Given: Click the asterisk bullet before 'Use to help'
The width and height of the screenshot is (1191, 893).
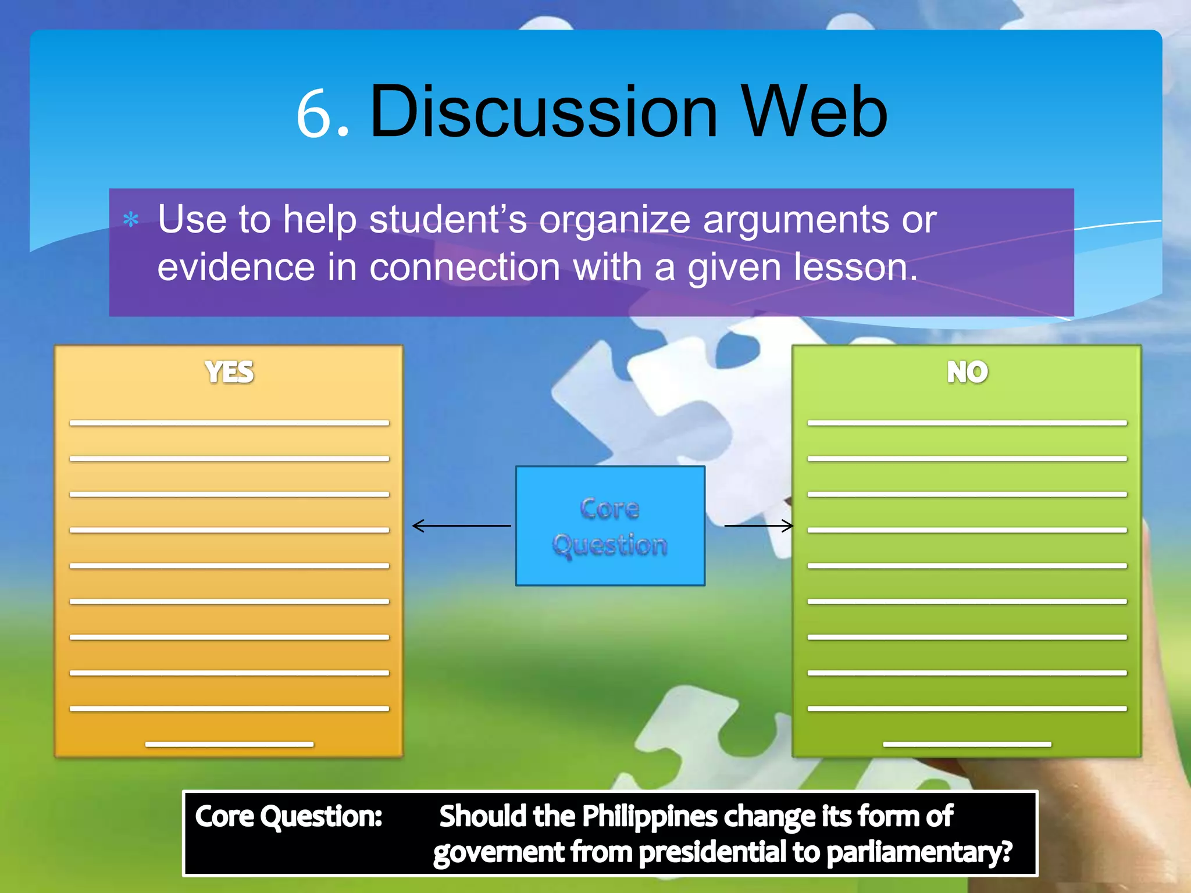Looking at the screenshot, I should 131,220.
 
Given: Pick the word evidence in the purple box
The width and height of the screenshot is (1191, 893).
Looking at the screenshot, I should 236,267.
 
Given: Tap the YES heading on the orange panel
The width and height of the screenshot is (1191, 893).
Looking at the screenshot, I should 229,372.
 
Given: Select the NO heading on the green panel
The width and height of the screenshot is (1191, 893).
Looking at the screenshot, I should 967,372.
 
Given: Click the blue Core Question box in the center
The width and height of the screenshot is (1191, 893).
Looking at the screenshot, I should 610,526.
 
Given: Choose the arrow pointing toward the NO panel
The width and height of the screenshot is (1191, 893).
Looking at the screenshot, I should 759,526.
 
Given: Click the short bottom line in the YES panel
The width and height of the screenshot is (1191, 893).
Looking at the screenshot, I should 229,744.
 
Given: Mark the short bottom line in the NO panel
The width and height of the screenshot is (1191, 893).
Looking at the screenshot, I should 967,744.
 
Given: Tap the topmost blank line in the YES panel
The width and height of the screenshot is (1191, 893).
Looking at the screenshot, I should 229,423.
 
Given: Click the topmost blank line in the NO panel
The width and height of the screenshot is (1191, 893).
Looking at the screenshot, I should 967,423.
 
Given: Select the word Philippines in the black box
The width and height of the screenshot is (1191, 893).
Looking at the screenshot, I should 650,816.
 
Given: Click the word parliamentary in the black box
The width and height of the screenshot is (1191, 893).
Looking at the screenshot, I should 919,852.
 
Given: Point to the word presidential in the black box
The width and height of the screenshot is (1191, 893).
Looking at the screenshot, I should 712,852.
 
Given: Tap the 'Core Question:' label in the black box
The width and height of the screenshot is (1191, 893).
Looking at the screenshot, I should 288,816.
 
